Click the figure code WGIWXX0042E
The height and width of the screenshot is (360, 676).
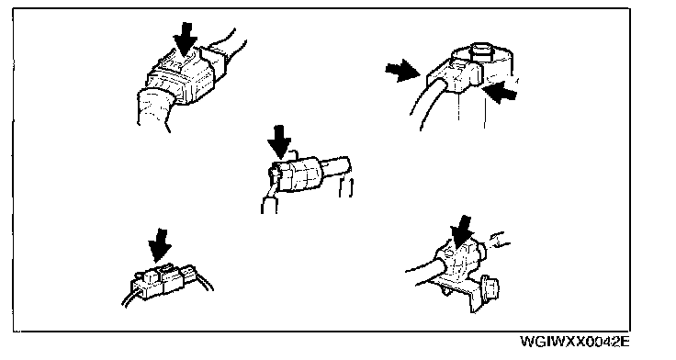click(575, 343)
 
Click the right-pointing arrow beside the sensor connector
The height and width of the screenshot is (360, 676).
click(402, 71)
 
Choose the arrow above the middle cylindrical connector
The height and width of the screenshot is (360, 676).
click(279, 141)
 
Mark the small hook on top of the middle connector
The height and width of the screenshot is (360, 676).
click(292, 153)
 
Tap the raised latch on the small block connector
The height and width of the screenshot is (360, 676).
click(166, 270)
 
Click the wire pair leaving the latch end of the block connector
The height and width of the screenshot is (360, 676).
click(204, 281)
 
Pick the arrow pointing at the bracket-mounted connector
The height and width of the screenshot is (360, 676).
click(462, 233)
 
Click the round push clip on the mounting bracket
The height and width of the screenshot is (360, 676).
click(491, 287)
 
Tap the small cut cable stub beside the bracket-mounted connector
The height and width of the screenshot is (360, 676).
click(497, 240)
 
